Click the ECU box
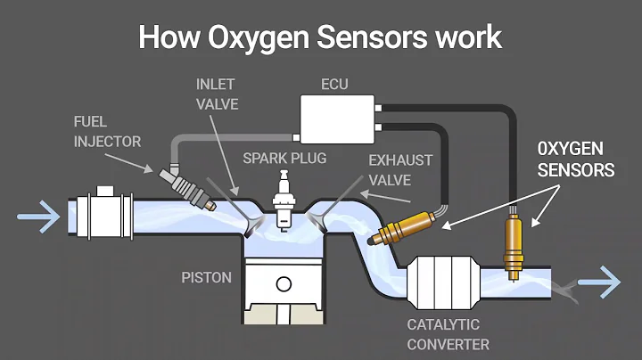click(338, 122)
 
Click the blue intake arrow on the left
click(35, 215)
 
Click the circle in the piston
click(284, 285)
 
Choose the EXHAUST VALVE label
click(399, 170)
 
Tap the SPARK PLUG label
click(284, 159)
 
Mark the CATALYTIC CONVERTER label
click(443, 335)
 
